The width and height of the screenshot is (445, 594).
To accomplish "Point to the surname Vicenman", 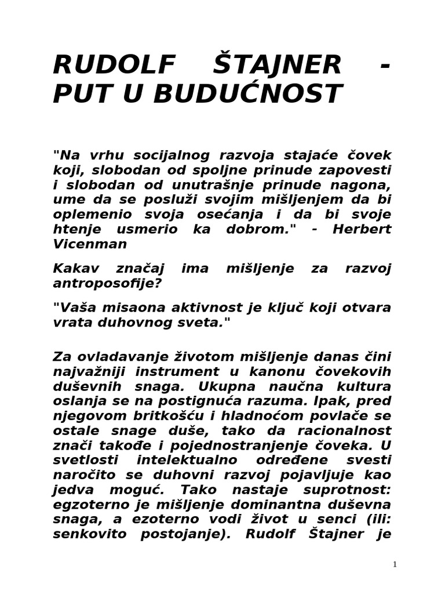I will [x=90, y=244].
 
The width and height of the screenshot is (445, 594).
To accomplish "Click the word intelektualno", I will [x=190, y=461].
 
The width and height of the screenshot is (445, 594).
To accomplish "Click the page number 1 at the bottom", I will [x=395, y=564].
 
